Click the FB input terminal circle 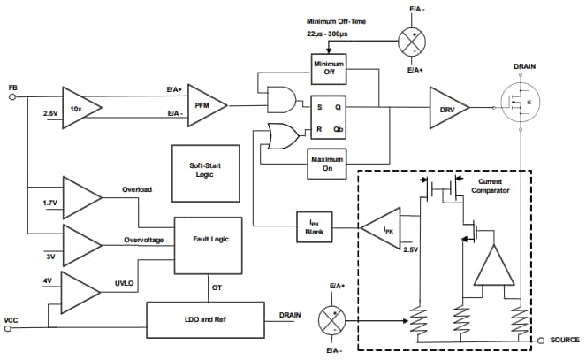tap(12, 98)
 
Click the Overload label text tap(137, 189)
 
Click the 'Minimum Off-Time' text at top tap(337, 20)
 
